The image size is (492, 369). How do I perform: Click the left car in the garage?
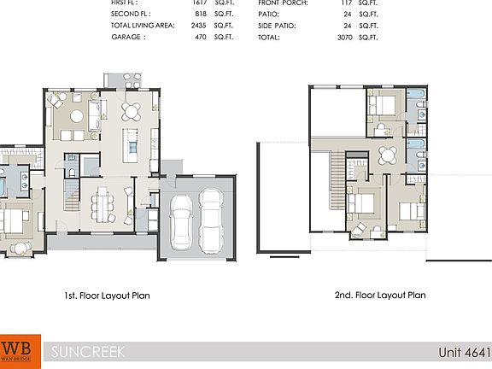(x=182, y=220)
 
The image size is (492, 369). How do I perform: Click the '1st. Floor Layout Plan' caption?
(x=107, y=296)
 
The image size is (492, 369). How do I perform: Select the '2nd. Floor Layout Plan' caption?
(x=380, y=296)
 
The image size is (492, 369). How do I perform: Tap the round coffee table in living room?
(x=78, y=115)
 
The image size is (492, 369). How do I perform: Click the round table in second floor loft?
(x=388, y=155)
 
